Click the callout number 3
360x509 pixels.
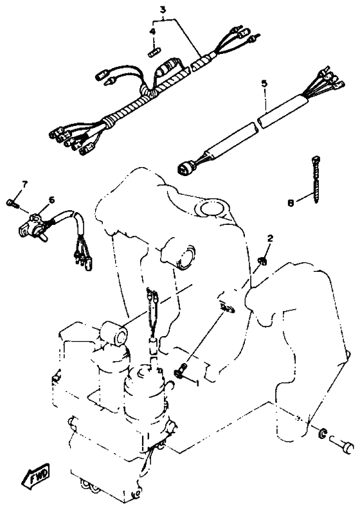tap(163, 10)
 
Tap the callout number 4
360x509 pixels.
tap(152, 31)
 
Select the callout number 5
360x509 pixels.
tap(264, 83)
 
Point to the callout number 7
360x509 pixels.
tap(24, 184)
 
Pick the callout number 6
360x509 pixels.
tap(51, 200)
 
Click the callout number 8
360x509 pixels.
tap(291, 203)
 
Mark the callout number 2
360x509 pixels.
tap(270, 238)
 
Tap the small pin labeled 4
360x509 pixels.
tap(155, 52)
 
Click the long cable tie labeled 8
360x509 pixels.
tap(316, 179)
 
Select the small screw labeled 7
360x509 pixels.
tap(11, 203)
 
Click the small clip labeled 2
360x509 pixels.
tap(263, 260)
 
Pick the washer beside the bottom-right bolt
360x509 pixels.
tap(322, 433)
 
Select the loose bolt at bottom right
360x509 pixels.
tap(341, 444)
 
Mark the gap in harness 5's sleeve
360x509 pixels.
tap(257, 123)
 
